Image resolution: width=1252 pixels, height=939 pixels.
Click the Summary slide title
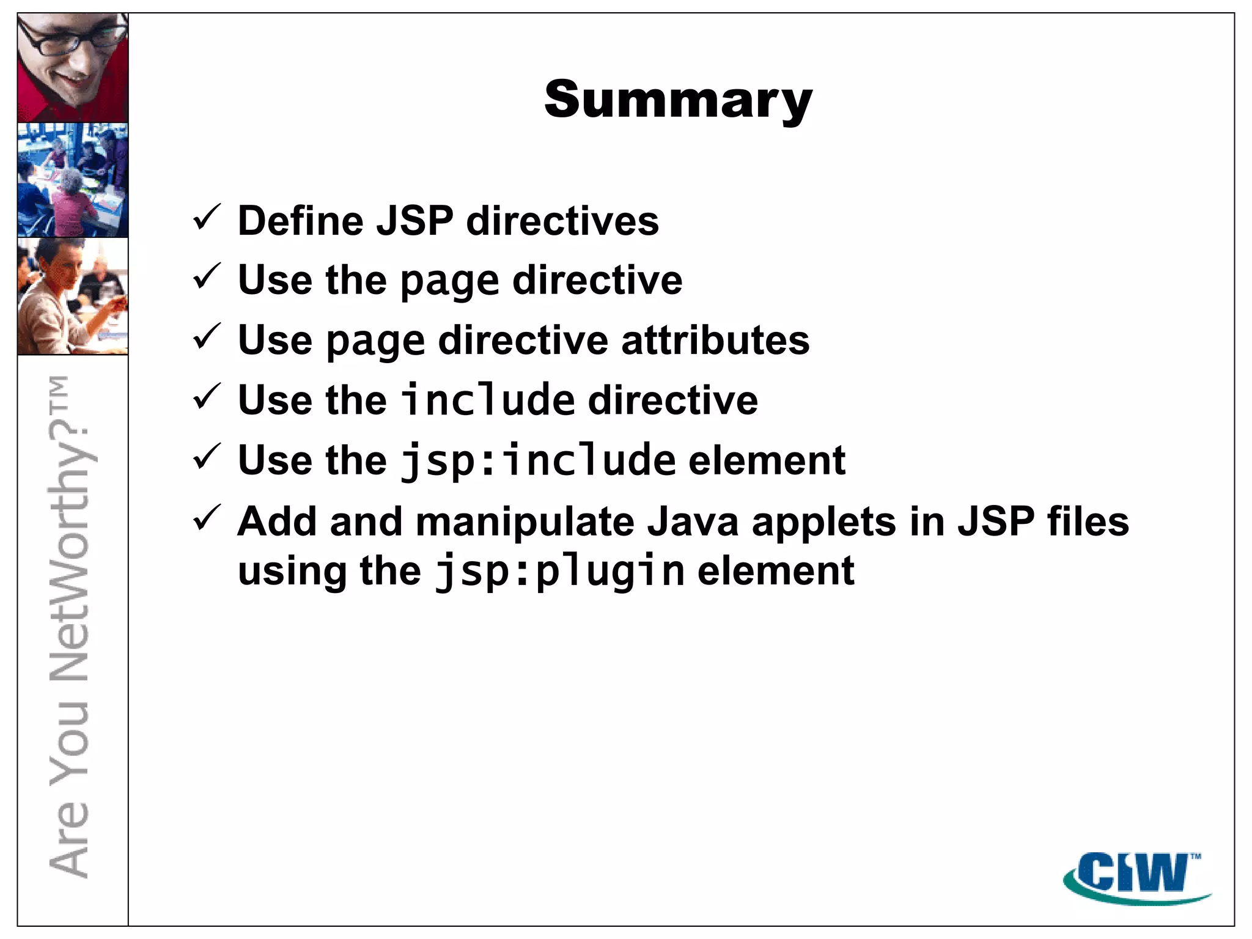[678, 100]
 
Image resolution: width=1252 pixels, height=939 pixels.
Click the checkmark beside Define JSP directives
[207, 218]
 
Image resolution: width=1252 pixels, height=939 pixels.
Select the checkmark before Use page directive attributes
[207, 337]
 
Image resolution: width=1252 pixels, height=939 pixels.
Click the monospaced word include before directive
[488, 400]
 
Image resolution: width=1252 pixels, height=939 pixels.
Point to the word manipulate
[526, 523]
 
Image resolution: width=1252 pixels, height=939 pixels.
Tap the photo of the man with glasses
[73, 68]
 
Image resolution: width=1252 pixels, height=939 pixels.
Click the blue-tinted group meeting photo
[73, 180]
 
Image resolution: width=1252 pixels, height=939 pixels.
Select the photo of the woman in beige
[73, 296]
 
